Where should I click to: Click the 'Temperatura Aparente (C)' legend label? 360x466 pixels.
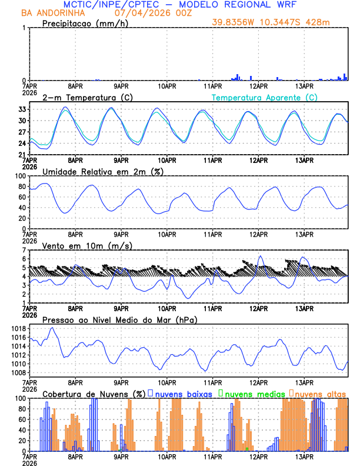264,97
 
